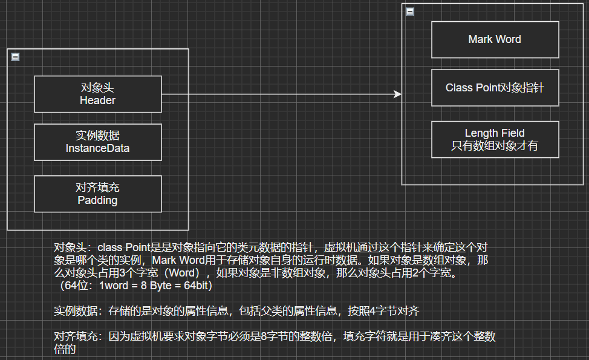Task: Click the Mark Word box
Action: [x=495, y=39]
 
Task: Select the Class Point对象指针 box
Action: [x=495, y=88]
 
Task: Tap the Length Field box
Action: [x=495, y=139]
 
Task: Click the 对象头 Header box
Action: [x=97, y=94]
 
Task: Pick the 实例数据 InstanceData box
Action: [x=97, y=142]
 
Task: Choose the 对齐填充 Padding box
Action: [x=97, y=194]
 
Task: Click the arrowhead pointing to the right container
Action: [x=397, y=94]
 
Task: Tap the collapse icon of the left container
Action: [x=16, y=57]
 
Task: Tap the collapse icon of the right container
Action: [x=410, y=11]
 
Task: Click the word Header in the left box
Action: [x=97, y=100]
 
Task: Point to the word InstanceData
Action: [x=97, y=148]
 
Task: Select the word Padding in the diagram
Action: [x=97, y=200]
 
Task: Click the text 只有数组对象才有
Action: [x=495, y=146]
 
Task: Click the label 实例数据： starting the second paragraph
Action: [x=80, y=312]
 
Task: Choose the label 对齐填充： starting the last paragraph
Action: [x=80, y=337]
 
